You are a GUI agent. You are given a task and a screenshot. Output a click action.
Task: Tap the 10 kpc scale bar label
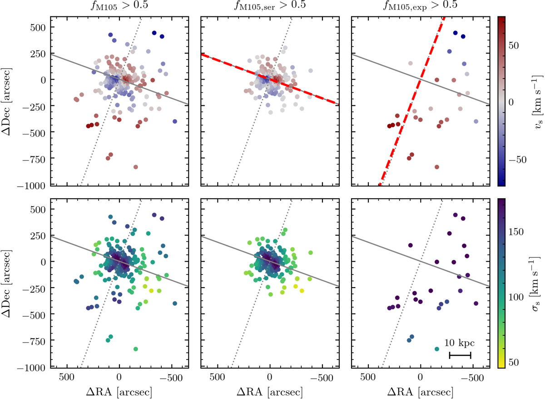click(460, 343)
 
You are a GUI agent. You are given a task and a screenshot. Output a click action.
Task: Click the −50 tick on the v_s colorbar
click(518, 159)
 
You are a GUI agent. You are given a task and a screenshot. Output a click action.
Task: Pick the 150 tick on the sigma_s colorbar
click(518, 232)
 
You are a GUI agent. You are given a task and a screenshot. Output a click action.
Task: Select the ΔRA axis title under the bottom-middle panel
click(270, 391)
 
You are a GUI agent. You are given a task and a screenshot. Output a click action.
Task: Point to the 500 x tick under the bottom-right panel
click(367, 377)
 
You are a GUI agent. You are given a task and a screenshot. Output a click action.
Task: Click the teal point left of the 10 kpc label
click(437, 349)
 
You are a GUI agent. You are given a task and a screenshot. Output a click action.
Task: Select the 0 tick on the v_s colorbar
click(511, 103)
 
